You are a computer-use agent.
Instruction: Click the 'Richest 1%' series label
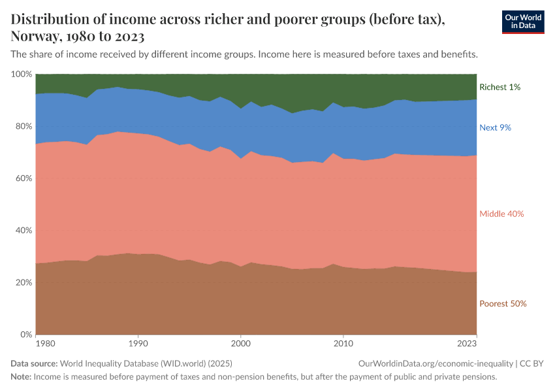pos(499,87)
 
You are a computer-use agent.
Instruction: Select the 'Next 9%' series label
pos(495,127)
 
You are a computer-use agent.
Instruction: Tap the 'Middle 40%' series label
pos(501,214)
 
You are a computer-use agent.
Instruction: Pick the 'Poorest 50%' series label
pos(503,303)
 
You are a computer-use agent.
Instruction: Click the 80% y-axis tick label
pos(24,126)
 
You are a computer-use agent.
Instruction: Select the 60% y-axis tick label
pos(24,178)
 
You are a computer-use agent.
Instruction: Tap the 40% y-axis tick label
pos(24,231)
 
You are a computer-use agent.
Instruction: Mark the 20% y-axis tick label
pos(24,283)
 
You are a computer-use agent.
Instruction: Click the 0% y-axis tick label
pos(26,335)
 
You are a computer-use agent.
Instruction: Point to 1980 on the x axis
pos(45,343)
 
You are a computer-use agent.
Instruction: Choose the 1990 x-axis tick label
pos(137,343)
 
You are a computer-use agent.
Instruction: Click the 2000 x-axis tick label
pos(241,343)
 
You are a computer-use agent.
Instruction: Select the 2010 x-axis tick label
pos(343,343)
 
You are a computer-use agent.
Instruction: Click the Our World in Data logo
pos(522,21)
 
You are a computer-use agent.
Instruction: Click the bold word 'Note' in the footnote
pos(20,377)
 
